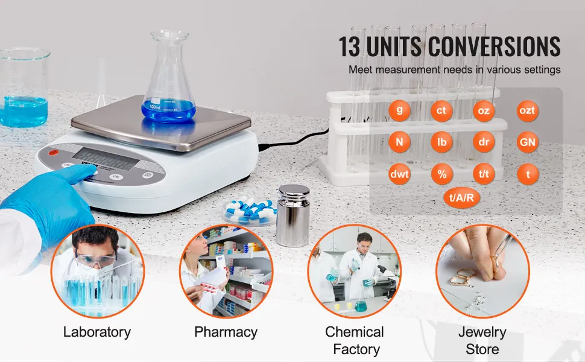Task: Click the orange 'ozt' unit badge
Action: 527,110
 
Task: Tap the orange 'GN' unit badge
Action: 527,142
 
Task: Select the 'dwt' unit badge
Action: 399,174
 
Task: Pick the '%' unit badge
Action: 441,174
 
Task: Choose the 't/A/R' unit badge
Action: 461,197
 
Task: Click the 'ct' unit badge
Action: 441,110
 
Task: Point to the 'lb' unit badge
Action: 441,142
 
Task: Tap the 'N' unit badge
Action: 399,142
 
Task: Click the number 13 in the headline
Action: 350,46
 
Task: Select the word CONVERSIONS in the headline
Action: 494,46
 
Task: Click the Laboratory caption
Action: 97,332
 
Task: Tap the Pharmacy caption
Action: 226,332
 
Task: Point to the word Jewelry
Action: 482,332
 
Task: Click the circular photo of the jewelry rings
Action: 482,271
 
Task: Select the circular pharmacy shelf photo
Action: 226,271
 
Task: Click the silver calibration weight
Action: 293,215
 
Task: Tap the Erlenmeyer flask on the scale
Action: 169,78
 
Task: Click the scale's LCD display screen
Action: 106,159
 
